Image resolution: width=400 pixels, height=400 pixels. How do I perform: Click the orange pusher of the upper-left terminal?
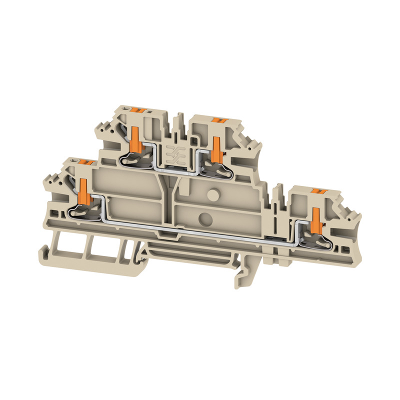(x=135, y=139)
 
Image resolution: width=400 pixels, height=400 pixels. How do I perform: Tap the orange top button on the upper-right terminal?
(x=218, y=119)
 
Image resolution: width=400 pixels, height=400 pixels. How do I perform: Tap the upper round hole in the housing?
(x=212, y=193)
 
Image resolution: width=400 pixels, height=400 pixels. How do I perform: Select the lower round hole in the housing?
(x=204, y=217)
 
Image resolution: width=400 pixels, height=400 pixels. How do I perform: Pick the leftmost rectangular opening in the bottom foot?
(x=63, y=245)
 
